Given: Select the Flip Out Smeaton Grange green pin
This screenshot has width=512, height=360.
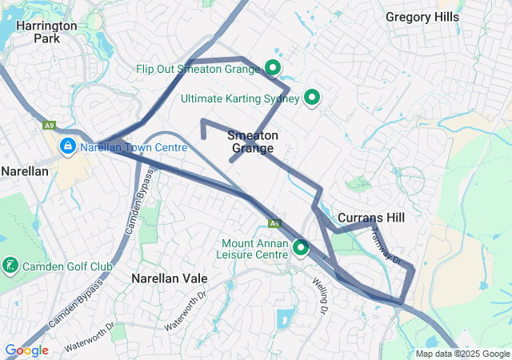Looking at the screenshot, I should tap(273, 68).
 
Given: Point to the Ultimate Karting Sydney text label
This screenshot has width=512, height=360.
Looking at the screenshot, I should tap(240, 99).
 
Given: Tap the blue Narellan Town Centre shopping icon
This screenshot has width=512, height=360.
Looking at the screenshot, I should tap(68, 146).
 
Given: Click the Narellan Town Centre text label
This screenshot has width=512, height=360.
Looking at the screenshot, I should tap(134, 148).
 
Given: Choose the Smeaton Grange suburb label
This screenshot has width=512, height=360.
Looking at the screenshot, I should tap(253, 142).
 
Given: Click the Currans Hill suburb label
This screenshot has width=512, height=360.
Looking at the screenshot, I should tap(370, 218).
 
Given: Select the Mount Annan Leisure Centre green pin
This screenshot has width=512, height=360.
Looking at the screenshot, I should tap(301, 247).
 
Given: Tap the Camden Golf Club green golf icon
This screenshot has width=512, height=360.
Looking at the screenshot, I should tap(10, 264).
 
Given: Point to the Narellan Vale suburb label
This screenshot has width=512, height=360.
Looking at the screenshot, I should tap(169, 278).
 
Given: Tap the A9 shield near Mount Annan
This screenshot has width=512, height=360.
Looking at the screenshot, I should tap(274, 224).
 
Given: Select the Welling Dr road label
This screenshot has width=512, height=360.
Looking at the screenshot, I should tap(322, 295).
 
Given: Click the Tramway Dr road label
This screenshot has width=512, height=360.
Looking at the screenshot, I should tap(386, 245).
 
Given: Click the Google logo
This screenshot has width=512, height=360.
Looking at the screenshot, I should tap(26, 350).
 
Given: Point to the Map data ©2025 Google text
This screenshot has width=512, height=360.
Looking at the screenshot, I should tap(462, 354).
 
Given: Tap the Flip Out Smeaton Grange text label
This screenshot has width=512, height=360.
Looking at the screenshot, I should tap(198, 70).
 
